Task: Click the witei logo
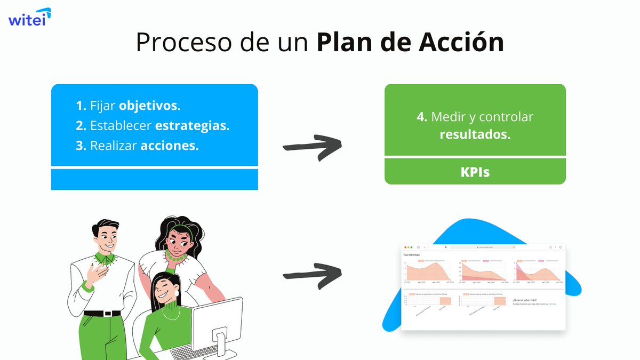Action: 29,18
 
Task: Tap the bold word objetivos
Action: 149,106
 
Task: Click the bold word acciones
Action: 169,146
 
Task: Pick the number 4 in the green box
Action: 421,117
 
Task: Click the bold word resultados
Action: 475,134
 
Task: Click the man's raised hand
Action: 98,273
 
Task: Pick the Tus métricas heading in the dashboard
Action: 411,255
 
